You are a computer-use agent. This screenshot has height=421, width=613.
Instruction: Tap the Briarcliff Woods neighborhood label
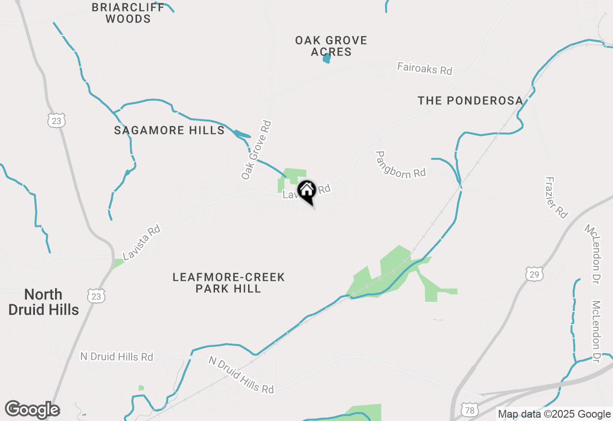[128, 13]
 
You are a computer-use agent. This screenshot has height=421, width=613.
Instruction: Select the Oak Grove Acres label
[331, 46]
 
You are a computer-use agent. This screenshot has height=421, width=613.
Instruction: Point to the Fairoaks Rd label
[424, 68]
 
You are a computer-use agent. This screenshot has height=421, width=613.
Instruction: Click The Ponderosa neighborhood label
[470, 101]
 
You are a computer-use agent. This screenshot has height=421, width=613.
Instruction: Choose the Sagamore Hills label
[169, 130]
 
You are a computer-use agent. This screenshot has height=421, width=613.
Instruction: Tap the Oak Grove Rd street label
[256, 150]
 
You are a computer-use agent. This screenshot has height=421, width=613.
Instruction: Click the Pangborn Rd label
[400, 165]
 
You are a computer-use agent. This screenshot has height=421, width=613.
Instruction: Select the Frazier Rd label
[556, 198]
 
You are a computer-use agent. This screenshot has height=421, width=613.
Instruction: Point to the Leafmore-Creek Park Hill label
[228, 283]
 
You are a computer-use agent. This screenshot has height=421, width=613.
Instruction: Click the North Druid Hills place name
[44, 302]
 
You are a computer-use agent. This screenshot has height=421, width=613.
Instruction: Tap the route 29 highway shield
[534, 274]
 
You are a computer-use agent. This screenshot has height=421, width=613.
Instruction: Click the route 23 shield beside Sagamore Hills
[56, 121]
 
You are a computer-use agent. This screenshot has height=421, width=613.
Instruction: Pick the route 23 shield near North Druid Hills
[96, 296]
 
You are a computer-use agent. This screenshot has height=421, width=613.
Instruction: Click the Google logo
[33, 410]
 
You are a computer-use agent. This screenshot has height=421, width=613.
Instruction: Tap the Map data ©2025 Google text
[554, 414]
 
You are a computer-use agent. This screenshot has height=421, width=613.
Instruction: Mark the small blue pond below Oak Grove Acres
[327, 59]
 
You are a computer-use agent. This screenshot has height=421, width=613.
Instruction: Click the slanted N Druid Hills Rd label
[241, 375]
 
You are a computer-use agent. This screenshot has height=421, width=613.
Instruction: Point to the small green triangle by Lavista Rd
[118, 263]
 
